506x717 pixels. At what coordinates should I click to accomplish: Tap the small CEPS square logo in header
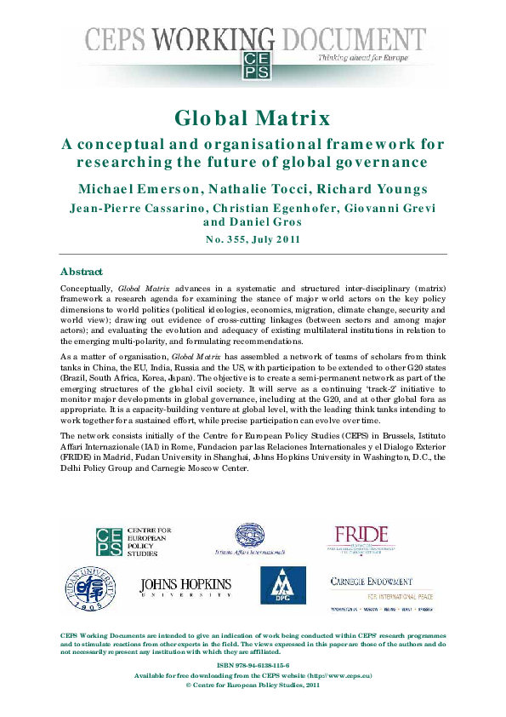coord(253,60)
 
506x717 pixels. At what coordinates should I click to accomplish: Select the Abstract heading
coord(81,272)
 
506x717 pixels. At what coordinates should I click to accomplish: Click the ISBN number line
coord(253,664)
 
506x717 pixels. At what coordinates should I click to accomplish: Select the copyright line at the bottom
coord(253,684)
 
